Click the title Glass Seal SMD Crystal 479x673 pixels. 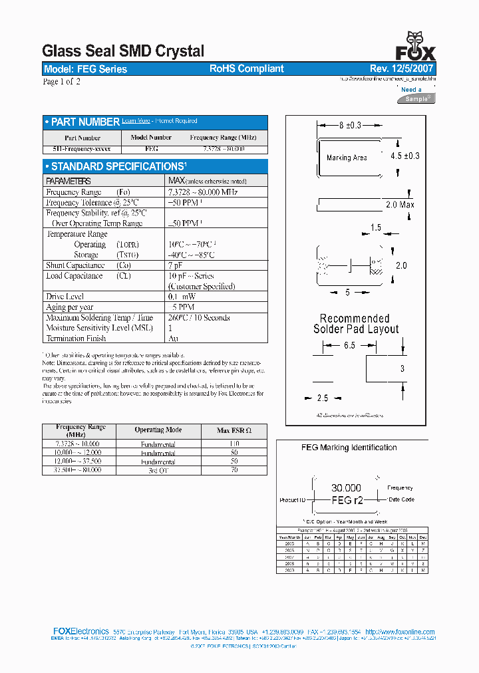123,51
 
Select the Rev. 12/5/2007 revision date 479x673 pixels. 402,69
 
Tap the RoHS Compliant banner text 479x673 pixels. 247,69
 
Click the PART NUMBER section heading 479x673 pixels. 85,122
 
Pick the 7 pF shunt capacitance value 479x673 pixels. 175,265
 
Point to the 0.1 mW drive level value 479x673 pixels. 182,297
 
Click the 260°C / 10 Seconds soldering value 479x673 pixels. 199,318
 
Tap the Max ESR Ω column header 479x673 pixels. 234,430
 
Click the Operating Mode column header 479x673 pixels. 158,430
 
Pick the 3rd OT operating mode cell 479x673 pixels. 158,470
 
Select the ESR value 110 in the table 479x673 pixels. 234,443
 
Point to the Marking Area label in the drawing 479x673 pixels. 347,158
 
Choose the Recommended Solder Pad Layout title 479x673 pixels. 356,324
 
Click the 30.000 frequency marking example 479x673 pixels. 346,488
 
